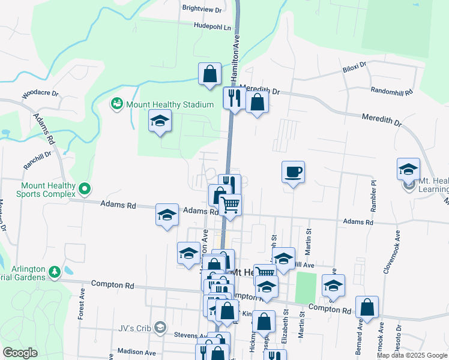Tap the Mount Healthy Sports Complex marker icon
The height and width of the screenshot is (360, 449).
pos(85,190)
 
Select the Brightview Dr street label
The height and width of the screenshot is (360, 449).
pos(202,10)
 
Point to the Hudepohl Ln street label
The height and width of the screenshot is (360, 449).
pos(212,27)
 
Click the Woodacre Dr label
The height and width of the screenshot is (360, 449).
pos(40,94)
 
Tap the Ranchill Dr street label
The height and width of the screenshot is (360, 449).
pos(38,153)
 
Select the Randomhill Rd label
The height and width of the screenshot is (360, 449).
pos(392,92)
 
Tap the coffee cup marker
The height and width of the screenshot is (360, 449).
pos(293,172)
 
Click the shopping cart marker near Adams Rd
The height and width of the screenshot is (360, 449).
pos(230,205)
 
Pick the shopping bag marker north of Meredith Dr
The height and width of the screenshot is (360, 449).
pos(210,74)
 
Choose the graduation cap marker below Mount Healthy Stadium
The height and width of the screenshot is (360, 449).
pos(160,121)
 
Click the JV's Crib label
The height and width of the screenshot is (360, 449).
pos(139,327)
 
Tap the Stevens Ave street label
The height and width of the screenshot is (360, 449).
pos(190,335)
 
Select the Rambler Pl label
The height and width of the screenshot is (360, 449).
pos(373,191)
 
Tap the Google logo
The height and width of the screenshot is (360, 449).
pos(20,353)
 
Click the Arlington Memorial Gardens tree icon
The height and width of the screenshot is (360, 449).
pos(55,272)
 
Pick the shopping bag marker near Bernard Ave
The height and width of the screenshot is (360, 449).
pos(367,307)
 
